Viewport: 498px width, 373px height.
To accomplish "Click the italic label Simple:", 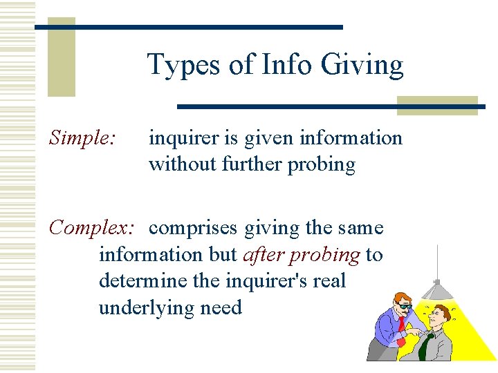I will (x=82, y=138).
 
